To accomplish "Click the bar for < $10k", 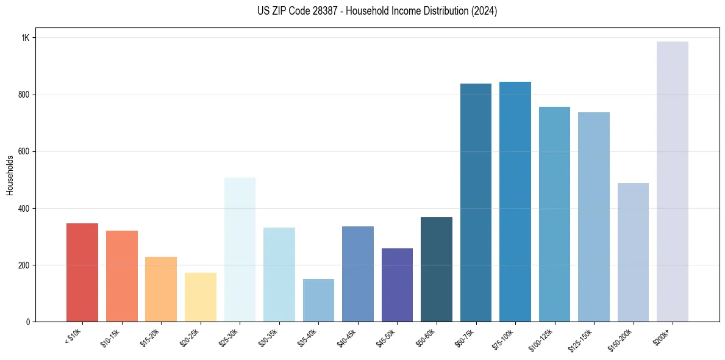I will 82,273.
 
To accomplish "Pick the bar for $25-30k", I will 240,250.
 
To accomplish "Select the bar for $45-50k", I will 397,285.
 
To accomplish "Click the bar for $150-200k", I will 633,253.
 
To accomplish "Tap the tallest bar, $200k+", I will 673,182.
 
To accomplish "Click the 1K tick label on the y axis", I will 26,38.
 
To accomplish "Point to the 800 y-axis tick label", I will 24,95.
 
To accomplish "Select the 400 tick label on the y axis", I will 24,208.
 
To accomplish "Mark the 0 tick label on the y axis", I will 27,322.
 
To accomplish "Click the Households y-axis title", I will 10,175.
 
